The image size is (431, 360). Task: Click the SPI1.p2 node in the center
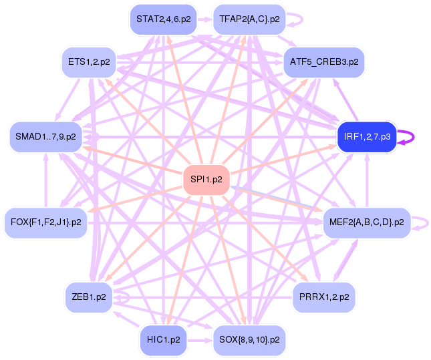point(206,179)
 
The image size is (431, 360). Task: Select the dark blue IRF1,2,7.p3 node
point(367,137)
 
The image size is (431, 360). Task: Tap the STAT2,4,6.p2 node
point(163,19)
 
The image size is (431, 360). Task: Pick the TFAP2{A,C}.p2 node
point(249,19)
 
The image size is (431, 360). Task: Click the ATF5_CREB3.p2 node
point(323,62)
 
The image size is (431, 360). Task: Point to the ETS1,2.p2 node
point(89,62)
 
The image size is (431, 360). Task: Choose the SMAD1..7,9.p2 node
point(45,137)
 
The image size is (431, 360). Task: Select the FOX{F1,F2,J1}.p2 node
point(45,221)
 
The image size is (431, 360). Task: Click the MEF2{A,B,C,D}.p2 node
point(367,221)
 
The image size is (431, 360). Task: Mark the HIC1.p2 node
point(163,339)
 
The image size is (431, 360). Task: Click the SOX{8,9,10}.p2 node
point(249,339)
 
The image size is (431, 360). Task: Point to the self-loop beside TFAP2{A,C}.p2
point(298,19)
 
